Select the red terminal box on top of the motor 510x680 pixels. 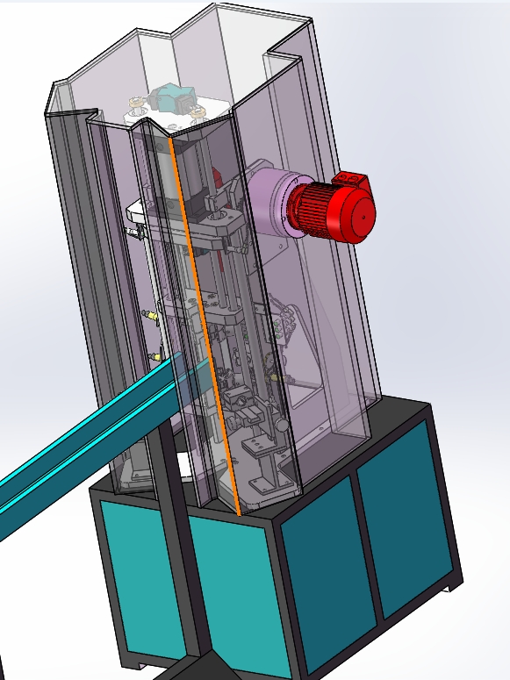[x=353, y=180]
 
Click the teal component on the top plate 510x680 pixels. [x=170, y=97]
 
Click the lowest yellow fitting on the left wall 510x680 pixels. [x=156, y=355]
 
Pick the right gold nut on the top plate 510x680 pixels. [x=198, y=112]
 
